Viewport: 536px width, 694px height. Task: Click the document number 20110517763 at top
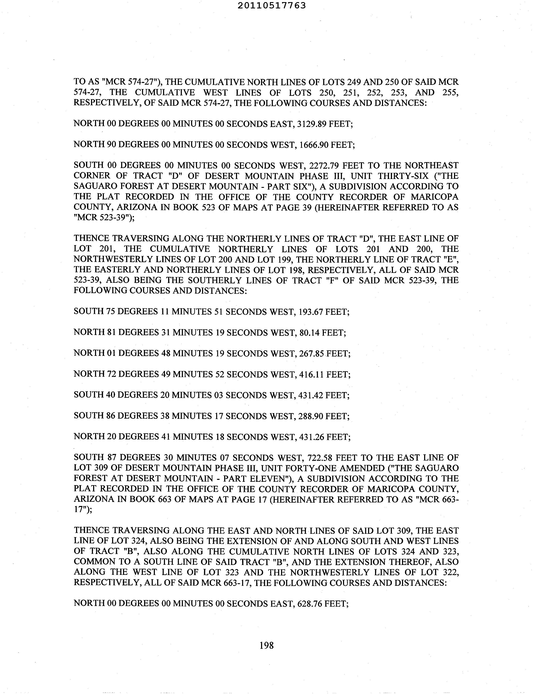click(272, 5)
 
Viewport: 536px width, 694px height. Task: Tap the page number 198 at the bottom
click(266, 645)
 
